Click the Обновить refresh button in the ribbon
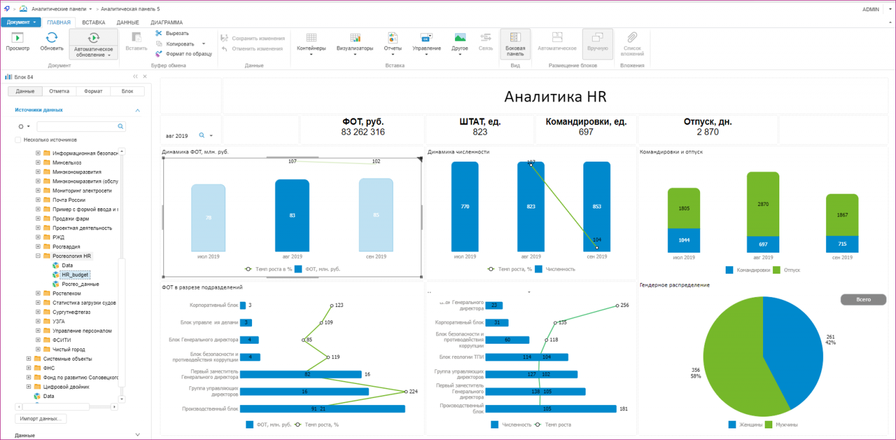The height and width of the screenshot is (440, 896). tap(51, 41)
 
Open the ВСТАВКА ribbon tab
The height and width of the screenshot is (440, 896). tap(93, 22)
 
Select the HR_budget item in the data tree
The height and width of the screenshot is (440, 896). tap(75, 274)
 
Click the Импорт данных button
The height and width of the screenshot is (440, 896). tap(40, 418)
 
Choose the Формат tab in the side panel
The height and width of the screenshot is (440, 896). tap(93, 91)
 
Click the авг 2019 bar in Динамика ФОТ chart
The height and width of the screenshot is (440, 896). tap(292, 215)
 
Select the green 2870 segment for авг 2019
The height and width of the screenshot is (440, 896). tap(763, 204)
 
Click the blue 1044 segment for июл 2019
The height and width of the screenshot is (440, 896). tap(684, 240)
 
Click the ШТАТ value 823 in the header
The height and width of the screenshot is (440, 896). tap(480, 132)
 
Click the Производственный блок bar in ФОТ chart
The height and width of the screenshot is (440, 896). tap(322, 409)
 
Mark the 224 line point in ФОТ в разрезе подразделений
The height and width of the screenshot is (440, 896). tap(405, 392)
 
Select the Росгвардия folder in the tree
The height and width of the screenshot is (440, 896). tap(66, 246)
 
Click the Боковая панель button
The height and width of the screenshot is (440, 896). tap(515, 44)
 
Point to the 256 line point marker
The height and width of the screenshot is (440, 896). tap(617, 305)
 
